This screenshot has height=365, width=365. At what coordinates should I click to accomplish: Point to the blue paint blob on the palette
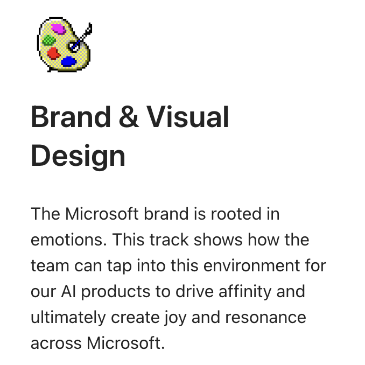(x=68, y=61)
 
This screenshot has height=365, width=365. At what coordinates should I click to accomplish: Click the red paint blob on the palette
(x=53, y=53)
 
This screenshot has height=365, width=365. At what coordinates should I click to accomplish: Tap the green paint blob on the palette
(x=49, y=39)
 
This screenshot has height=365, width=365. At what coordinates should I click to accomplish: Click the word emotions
(x=68, y=240)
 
